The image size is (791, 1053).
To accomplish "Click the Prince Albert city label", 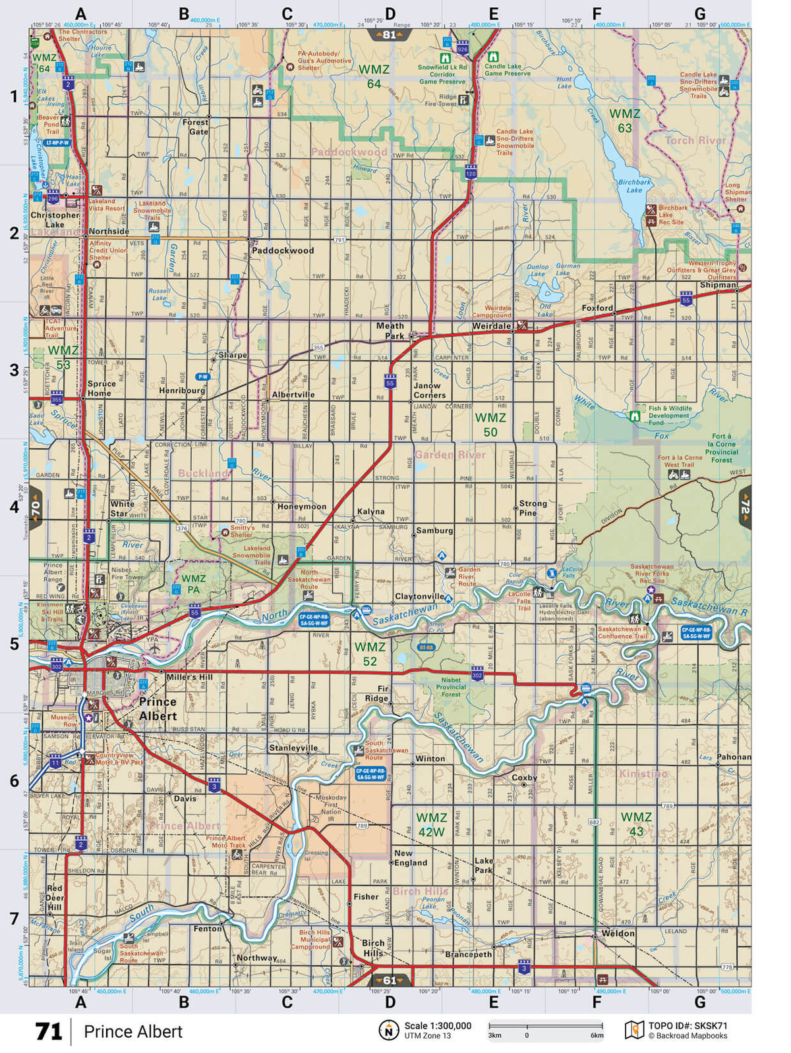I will point(158,709).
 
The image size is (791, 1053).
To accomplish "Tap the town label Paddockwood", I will point(283,250).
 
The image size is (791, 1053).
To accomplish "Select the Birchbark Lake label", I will point(634,186).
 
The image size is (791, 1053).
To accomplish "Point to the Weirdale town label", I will point(491,326).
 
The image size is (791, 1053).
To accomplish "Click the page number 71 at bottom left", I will point(48,1031).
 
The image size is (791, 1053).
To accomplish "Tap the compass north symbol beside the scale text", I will point(389,1030).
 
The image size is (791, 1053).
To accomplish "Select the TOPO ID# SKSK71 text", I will point(688,1025).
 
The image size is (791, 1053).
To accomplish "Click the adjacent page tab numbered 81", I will point(389,35).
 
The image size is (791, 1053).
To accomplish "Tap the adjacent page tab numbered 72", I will point(746,507).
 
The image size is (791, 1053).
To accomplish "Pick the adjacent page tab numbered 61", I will point(389,980).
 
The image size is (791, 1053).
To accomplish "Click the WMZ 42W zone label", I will point(431,824).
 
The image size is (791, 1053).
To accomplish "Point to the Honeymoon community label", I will point(302,506).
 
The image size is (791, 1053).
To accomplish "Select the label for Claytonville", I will point(419,597).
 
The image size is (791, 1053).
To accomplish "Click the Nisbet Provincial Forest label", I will point(451,687).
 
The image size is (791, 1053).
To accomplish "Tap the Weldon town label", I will point(618,933).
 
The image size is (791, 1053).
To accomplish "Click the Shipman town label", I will point(718,284).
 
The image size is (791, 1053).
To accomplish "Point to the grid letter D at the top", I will point(390,13).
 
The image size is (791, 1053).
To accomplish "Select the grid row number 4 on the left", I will point(14,507).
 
